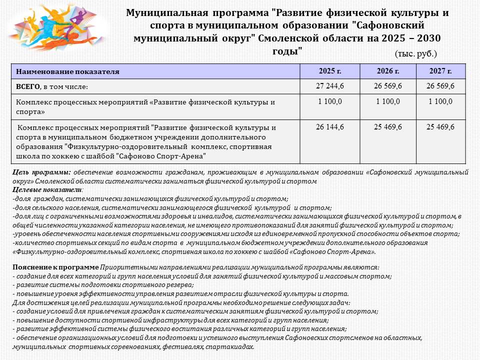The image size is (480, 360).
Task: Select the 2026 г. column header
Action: click(x=388, y=71)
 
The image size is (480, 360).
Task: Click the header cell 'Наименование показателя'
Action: click(x=68, y=71)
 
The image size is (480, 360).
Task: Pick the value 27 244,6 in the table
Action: click(x=330, y=86)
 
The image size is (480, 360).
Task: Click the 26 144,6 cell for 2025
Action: click(x=330, y=127)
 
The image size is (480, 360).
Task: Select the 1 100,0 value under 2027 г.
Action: click(x=440, y=101)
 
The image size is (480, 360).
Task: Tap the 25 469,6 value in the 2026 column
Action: click(x=388, y=127)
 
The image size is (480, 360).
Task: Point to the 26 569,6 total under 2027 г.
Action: click(x=440, y=86)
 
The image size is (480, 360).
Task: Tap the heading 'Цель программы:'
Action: click(x=41, y=172)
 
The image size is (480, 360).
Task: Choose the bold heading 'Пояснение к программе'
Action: click(x=55, y=267)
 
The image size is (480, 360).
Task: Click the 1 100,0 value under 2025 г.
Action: click(x=330, y=101)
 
